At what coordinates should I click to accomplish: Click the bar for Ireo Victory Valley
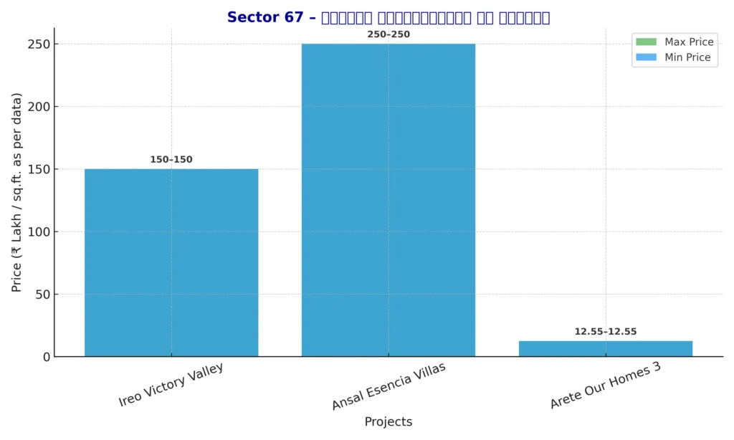(x=171, y=262)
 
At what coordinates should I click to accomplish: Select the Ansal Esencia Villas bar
(x=388, y=200)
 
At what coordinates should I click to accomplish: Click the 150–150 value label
(x=171, y=160)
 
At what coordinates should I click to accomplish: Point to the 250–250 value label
(x=388, y=34)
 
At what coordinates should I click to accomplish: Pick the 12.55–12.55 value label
(x=605, y=332)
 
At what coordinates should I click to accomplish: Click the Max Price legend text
(x=688, y=42)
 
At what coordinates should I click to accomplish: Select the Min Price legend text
(x=687, y=57)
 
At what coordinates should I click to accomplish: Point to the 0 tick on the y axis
(x=46, y=357)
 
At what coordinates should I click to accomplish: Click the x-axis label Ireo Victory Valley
(x=171, y=385)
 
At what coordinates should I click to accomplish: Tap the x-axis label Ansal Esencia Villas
(x=388, y=386)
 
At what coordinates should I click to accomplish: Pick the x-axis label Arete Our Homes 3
(x=605, y=386)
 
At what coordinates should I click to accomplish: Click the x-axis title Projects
(x=388, y=422)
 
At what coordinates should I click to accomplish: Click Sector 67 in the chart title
(x=265, y=17)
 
